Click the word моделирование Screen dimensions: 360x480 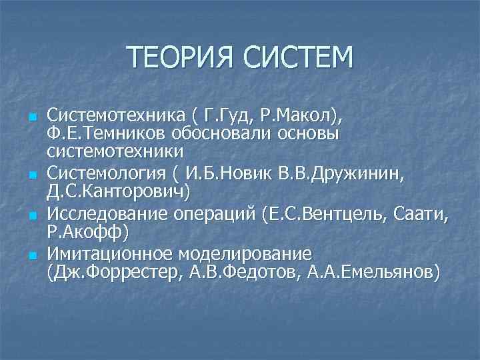point(243,255)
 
